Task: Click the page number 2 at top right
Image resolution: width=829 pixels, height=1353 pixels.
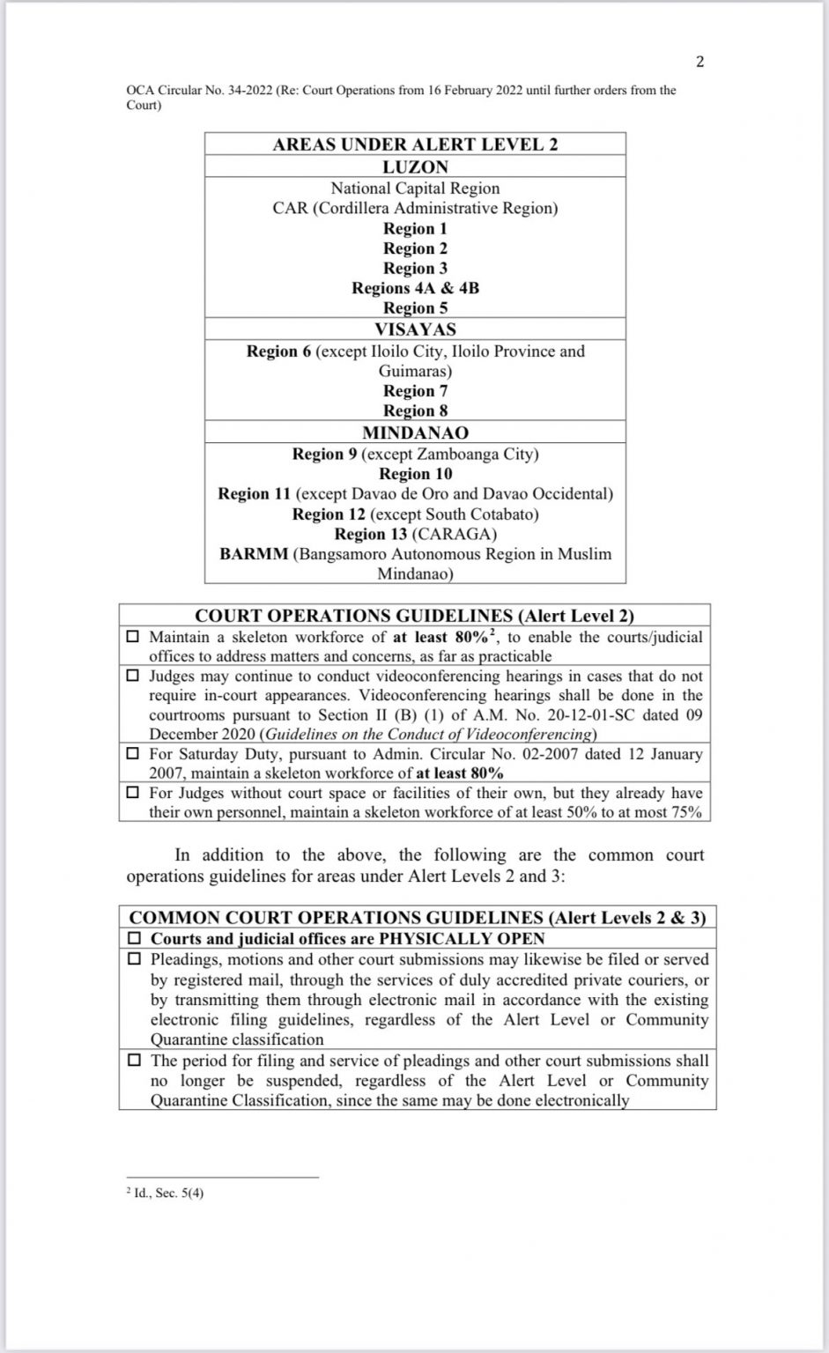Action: click(x=699, y=61)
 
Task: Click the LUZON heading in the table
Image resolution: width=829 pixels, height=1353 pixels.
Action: click(x=415, y=166)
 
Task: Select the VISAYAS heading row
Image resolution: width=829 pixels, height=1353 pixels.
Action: click(x=415, y=329)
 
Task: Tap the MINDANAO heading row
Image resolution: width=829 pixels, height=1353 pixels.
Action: click(x=415, y=433)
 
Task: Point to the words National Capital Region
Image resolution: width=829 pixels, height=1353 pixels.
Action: click(x=415, y=189)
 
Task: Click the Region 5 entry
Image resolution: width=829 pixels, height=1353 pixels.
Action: click(x=415, y=308)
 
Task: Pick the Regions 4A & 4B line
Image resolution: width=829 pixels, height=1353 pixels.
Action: click(x=415, y=288)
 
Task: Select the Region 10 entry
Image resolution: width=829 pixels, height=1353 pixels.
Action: click(x=415, y=474)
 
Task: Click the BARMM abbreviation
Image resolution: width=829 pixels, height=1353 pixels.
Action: click(x=254, y=555)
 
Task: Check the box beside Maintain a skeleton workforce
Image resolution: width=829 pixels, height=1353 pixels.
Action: click(x=133, y=637)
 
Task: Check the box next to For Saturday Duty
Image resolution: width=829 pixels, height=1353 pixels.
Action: click(x=133, y=754)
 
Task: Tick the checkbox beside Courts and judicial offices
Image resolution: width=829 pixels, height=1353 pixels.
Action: click(x=136, y=939)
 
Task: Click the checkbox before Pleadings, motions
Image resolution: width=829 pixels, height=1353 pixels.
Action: click(x=136, y=958)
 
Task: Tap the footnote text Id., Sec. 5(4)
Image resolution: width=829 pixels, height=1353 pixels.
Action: click(x=169, y=1194)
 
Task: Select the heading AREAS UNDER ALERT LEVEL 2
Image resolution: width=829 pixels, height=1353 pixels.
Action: click(x=415, y=144)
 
